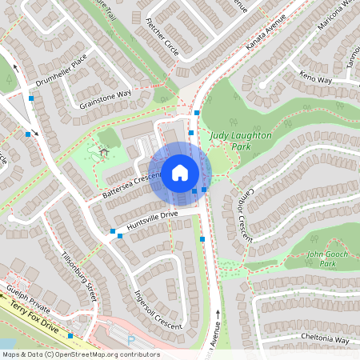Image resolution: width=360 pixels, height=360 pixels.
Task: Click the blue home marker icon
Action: click(180, 173)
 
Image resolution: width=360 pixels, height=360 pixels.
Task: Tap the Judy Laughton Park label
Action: click(241, 141)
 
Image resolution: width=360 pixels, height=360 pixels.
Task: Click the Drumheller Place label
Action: click(56, 73)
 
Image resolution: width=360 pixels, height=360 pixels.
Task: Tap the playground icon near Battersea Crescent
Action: click(102, 151)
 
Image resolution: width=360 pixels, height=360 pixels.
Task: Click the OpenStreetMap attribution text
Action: click(81, 354)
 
